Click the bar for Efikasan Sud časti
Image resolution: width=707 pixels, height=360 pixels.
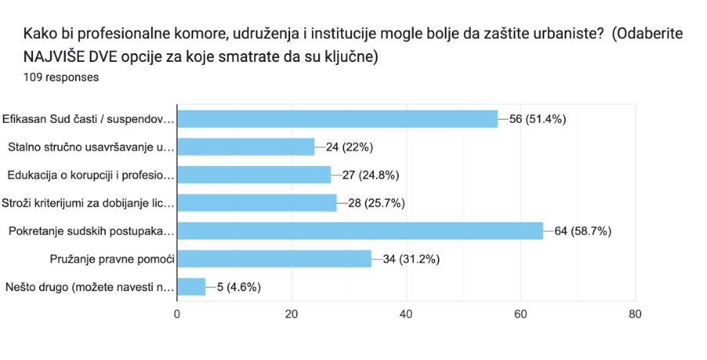(x=337, y=119)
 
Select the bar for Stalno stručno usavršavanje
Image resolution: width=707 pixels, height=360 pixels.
(x=246, y=147)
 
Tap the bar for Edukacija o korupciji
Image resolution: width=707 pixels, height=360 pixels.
(x=254, y=175)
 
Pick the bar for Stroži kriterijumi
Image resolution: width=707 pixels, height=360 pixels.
(x=257, y=203)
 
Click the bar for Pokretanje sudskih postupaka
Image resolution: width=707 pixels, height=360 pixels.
(x=360, y=231)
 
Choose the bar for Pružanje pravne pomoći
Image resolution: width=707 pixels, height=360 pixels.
(x=275, y=258)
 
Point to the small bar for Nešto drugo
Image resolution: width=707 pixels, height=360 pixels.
(x=192, y=286)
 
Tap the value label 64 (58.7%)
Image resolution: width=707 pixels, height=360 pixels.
(x=583, y=231)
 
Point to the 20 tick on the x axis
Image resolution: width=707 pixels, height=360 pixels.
(x=292, y=315)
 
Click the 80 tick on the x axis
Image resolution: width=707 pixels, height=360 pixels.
(x=635, y=315)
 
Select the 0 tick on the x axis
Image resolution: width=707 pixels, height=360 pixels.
(x=178, y=315)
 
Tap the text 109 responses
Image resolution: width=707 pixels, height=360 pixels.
(x=62, y=77)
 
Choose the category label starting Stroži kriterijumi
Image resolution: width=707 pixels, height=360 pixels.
(x=88, y=203)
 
